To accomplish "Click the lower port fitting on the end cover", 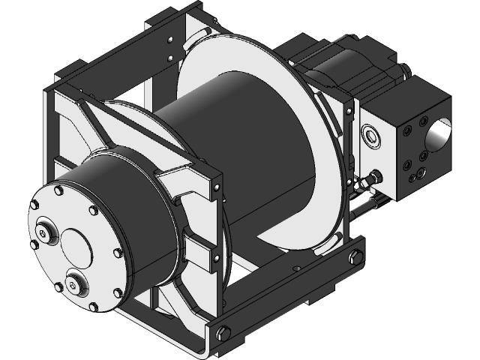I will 75,283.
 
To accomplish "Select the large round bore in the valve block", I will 439,133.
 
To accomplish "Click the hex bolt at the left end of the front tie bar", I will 223,334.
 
